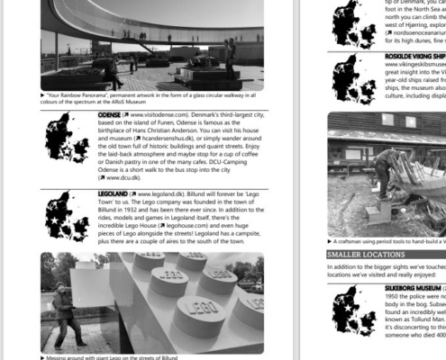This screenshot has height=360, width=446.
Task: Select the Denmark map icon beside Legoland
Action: [67, 217]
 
